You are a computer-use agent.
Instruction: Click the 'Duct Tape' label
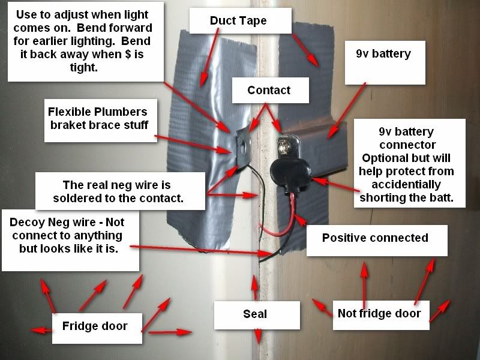pyautogui.click(x=238, y=21)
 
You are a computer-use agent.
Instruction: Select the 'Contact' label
pyautogui.click(x=269, y=91)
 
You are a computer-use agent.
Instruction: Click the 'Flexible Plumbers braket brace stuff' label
pyautogui.click(x=97, y=118)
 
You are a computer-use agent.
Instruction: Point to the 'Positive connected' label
pyautogui.click(x=375, y=238)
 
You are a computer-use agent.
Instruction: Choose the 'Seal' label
pyautogui.click(x=255, y=314)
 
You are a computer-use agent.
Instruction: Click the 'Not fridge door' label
pyautogui.click(x=379, y=313)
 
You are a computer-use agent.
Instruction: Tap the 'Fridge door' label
pyautogui.click(x=95, y=326)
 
